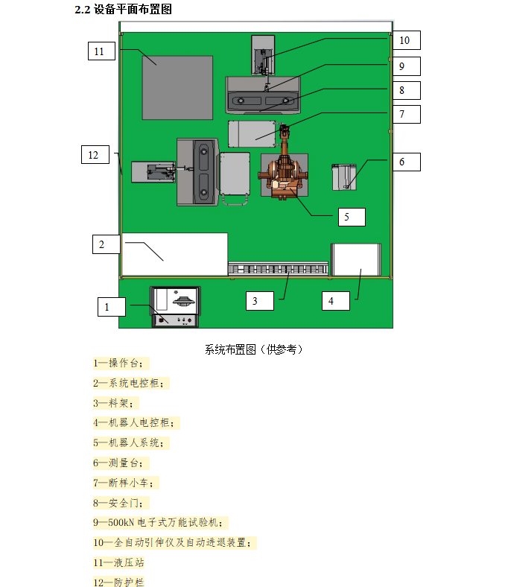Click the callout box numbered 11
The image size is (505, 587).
(100, 51)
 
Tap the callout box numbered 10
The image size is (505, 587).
(404, 40)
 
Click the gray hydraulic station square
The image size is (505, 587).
(177, 87)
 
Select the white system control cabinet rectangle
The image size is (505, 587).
(174, 254)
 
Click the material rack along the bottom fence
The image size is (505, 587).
(277, 268)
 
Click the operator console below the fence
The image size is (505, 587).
(176, 306)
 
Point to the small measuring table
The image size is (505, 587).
(344, 177)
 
